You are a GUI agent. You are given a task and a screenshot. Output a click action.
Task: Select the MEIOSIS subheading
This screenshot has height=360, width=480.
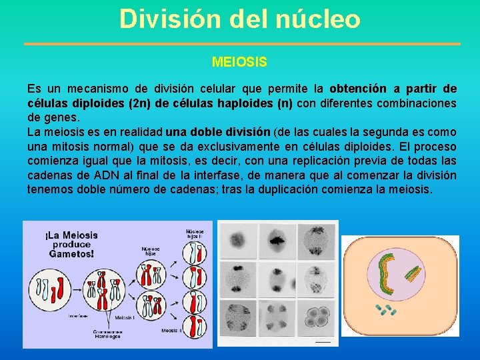(x=239, y=62)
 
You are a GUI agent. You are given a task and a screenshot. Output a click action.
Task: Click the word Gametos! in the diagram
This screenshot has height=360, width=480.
(x=71, y=253)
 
